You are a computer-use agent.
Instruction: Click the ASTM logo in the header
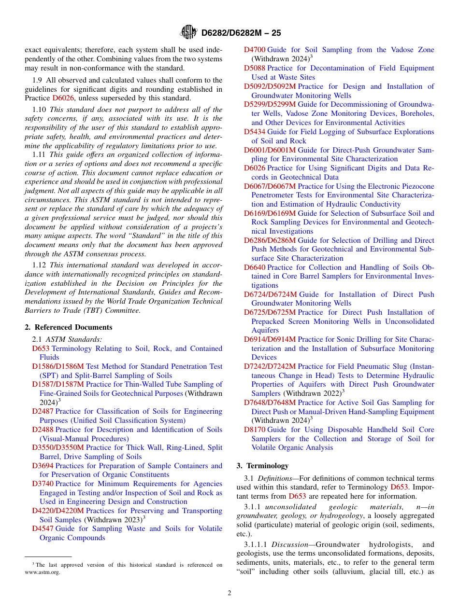pos(188,32)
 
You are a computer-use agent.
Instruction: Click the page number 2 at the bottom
pos(229,593)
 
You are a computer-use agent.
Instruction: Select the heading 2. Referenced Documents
pos(69,327)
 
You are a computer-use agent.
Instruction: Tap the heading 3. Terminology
pos(262,466)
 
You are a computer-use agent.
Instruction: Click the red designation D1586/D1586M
pos(58,366)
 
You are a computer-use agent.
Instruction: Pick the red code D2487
pos(43,411)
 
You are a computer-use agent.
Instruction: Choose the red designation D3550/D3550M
pos(58,447)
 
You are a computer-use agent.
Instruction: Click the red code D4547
pos(43,529)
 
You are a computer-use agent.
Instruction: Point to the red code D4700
pos(255,50)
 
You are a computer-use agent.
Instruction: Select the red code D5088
pos(255,68)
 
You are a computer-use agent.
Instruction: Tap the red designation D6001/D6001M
pos(270,150)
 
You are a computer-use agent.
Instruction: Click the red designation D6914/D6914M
pos(270,339)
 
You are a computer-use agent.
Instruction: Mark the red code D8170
pos(255,430)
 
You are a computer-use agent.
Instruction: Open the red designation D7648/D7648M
pos(270,403)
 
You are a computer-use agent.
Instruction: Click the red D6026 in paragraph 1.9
pos(62,98)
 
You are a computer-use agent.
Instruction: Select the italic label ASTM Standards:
pos(74,339)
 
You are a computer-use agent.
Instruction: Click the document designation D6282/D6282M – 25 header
pos(241,33)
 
